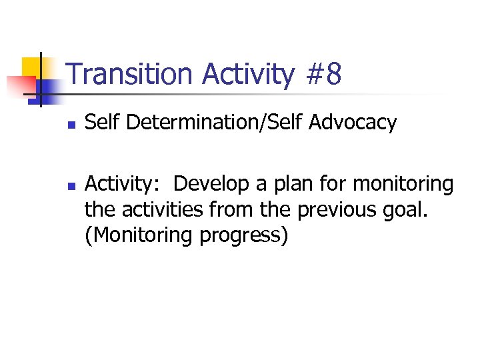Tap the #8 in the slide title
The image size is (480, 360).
(324, 75)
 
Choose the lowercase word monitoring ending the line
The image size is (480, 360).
(404, 184)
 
